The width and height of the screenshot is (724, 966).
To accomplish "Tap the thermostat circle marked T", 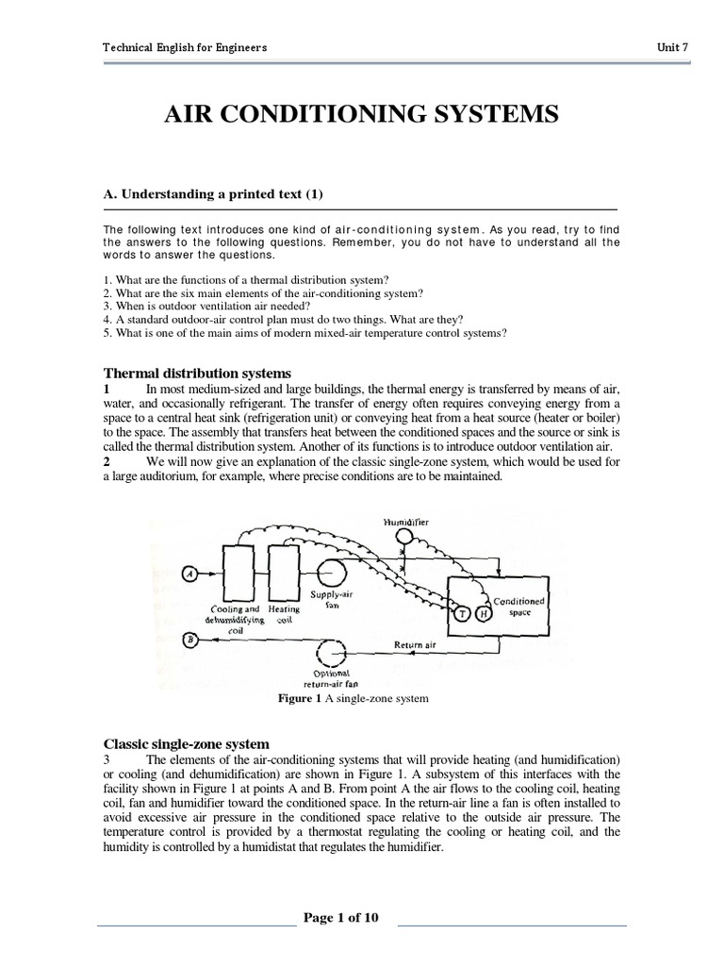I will pyautogui.click(x=462, y=614).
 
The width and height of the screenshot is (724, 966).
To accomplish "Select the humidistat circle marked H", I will pyautogui.click(x=482, y=614).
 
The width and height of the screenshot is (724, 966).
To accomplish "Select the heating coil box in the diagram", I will pyautogui.click(x=283, y=573).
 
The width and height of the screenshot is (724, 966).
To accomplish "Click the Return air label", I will pyautogui.click(x=416, y=646).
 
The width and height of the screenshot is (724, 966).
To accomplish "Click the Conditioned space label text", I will pyautogui.click(x=519, y=607).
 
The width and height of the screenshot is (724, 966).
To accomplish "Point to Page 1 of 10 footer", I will pyautogui.click(x=340, y=918).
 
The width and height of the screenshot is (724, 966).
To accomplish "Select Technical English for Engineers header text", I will pyautogui.click(x=184, y=47).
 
